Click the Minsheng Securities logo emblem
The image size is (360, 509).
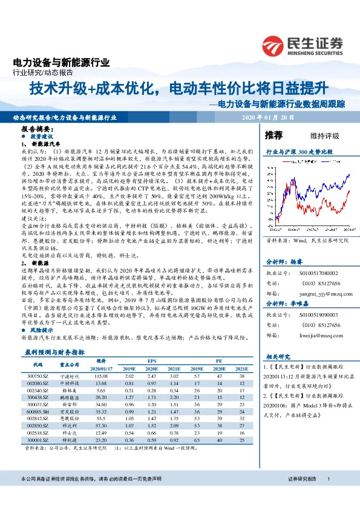click(274, 44)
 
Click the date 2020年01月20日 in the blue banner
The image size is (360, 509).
click(267, 117)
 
